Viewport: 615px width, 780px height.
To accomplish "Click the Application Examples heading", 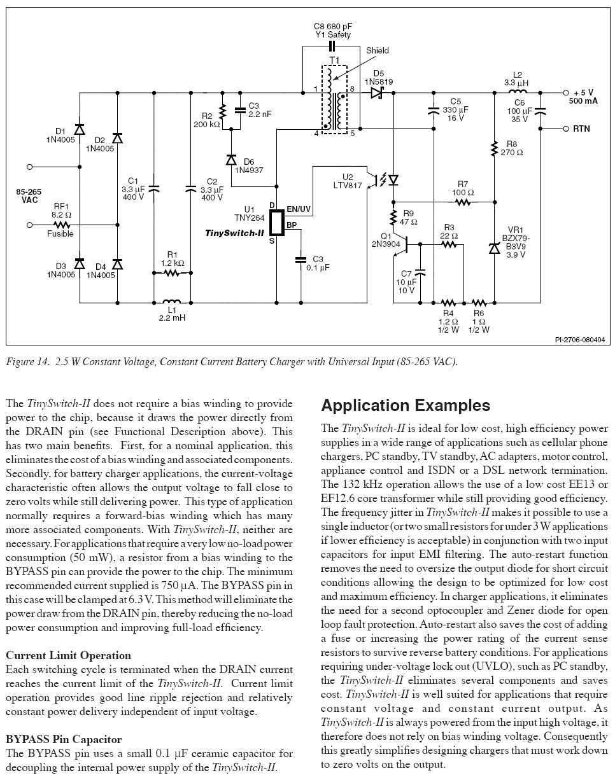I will [x=406, y=405].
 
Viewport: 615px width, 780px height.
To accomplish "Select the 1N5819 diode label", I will [x=379, y=81].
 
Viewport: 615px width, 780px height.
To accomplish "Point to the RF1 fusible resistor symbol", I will [x=62, y=225].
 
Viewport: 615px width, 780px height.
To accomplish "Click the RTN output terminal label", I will [x=582, y=129].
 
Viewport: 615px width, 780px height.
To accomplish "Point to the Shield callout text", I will [x=378, y=51].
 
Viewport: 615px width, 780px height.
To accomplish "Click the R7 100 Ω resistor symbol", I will [x=462, y=202].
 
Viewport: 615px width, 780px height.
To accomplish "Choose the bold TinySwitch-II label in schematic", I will [x=234, y=233].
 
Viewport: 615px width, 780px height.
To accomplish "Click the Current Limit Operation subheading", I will [x=68, y=655].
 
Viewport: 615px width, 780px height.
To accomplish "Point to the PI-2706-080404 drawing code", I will [x=579, y=340].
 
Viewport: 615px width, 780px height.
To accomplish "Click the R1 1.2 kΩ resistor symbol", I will [x=171, y=272].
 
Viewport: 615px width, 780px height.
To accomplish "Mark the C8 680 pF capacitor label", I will [x=332, y=27].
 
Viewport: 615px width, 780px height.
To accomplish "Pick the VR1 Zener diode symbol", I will [x=494, y=248].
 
